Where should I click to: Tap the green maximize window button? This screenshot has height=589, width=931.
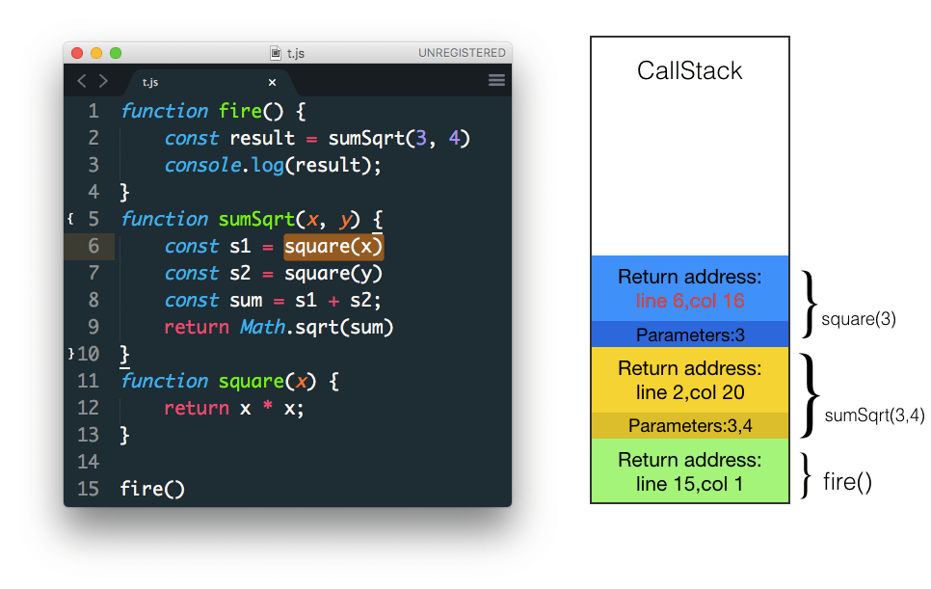point(116,53)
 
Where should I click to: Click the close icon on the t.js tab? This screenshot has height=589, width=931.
point(272,83)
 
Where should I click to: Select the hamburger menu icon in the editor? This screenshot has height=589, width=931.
point(496,81)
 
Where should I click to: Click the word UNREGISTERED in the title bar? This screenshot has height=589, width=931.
point(462,53)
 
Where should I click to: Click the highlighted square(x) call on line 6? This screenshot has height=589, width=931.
point(333,247)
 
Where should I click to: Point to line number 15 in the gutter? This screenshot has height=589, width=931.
point(88,489)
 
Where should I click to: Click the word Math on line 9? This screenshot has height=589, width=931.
point(262,328)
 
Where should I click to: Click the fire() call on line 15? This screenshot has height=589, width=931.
point(152,489)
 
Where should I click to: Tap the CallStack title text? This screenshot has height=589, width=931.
point(690,70)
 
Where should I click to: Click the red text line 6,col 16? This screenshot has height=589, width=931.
point(690,301)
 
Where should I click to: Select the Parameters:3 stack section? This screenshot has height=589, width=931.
point(690,335)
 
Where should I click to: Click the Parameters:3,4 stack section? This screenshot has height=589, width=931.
point(690,425)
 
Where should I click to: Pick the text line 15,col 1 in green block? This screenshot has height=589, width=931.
point(690,483)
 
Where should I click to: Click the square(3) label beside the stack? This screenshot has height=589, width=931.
point(859,318)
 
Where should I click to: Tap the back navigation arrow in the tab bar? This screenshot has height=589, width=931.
point(82,82)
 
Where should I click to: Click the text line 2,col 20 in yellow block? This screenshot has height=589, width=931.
point(690,392)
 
